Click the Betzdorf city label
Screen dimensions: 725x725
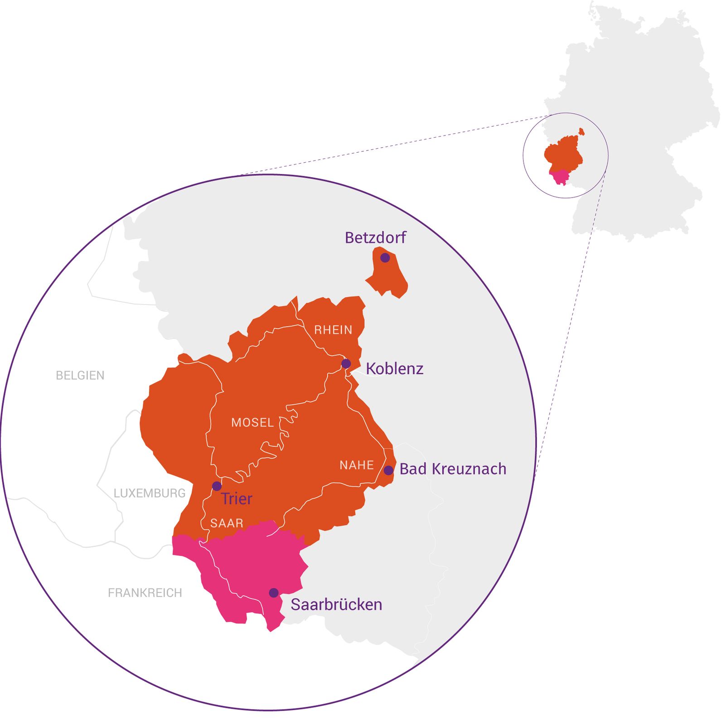(375, 237)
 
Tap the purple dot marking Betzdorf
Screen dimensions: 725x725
(385, 258)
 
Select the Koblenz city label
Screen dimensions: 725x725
(394, 369)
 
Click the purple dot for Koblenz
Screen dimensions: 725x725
(346, 363)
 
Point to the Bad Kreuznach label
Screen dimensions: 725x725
(453, 469)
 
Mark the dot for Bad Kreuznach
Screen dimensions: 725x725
(388, 470)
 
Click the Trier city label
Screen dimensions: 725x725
(237, 499)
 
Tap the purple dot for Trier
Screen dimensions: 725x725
(217, 486)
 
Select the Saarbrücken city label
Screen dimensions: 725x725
(336, 604)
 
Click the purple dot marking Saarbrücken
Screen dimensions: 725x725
(274, 593)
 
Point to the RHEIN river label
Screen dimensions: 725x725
(333, 330)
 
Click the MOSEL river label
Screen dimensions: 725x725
(252, 423)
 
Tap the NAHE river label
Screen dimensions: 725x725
(357, 465)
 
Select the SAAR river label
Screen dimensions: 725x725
(227, 523)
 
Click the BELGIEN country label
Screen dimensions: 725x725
(80, 375)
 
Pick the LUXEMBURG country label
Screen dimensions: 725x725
(150, 493)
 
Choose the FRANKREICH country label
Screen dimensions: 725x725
(145, 593)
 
